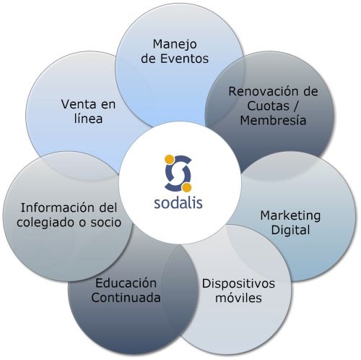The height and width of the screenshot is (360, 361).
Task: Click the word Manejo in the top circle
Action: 175,45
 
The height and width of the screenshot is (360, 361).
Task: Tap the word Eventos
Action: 184,59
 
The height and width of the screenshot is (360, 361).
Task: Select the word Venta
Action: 78,104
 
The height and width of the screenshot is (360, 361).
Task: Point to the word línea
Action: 88,119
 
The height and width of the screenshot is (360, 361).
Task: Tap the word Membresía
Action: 273,120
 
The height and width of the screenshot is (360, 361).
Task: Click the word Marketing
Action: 290,216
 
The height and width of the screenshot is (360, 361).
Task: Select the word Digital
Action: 290,231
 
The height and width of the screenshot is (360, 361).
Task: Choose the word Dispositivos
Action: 238,284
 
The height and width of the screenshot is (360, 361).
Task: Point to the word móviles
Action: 238,298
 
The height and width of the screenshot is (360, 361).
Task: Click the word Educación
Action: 126,283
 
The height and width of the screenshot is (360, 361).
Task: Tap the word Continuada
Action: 126,298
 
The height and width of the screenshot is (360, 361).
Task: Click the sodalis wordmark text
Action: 178,203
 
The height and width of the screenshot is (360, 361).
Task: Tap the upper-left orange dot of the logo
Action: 169,159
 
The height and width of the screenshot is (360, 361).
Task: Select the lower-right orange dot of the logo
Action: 186,188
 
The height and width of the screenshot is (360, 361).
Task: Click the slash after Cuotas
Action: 296,106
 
